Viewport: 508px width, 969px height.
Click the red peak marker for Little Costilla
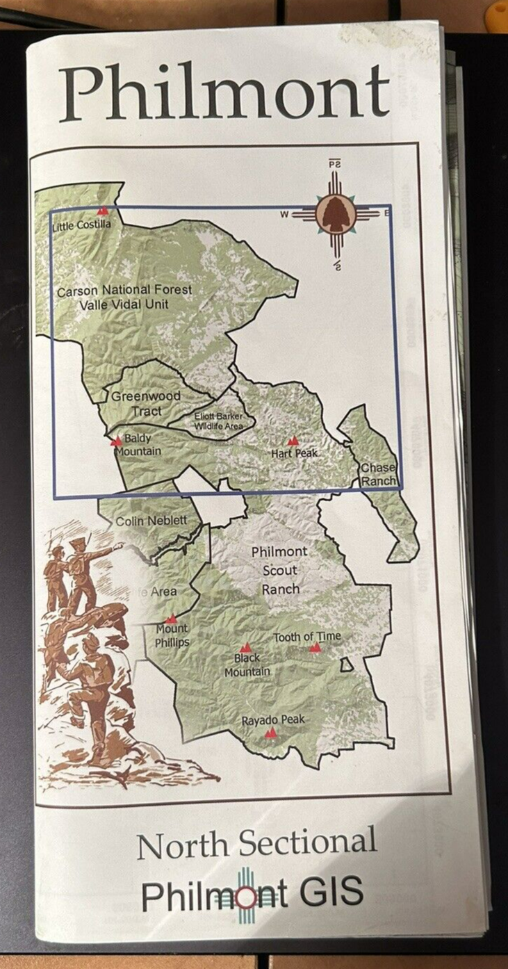click(103, 211)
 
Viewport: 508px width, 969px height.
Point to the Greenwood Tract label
click(146, 403)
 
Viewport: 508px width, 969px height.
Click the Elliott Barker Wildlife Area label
click(218, 421)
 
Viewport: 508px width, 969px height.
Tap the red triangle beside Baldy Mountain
click(116, 441)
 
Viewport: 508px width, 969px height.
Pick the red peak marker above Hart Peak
click(293, 441)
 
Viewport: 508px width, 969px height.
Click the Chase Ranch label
click(378, 474)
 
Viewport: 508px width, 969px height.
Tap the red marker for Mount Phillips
click(171, 619)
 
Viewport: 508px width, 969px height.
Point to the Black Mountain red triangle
click(245, 647)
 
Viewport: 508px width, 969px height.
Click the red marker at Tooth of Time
click(315, 647)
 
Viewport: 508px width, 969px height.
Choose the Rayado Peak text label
click(272, 720)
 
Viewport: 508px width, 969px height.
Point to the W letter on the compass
click(284, 214)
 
